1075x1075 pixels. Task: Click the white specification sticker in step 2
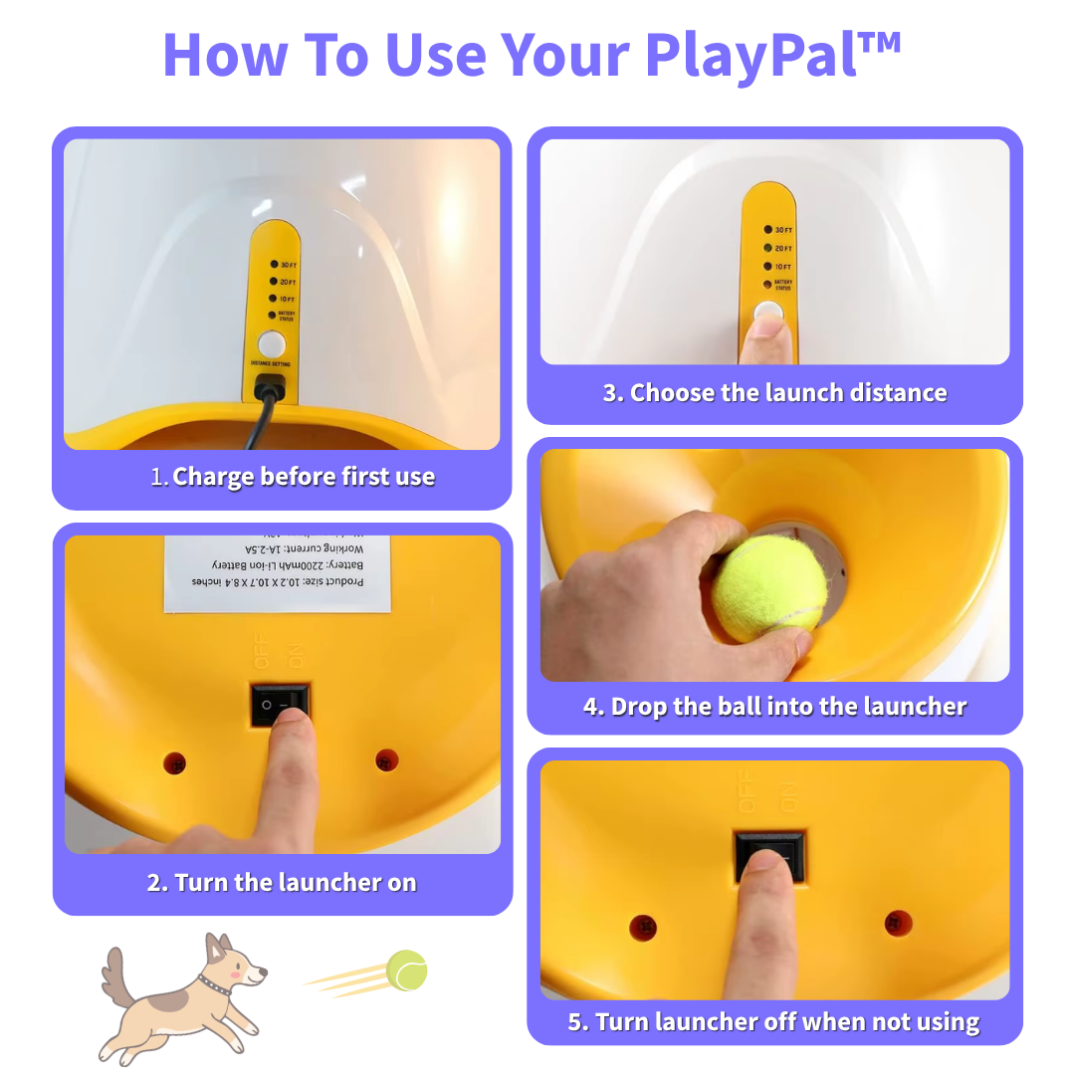(277, 572)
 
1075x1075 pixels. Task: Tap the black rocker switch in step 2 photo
(280, 704)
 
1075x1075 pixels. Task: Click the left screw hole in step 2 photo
(174, 763)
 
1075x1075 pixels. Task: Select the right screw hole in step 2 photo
(387, 760)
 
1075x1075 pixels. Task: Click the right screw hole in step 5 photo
(899, 923)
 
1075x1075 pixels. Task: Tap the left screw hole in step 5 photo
(643, 928)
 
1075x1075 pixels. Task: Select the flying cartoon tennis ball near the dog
(406, 969)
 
